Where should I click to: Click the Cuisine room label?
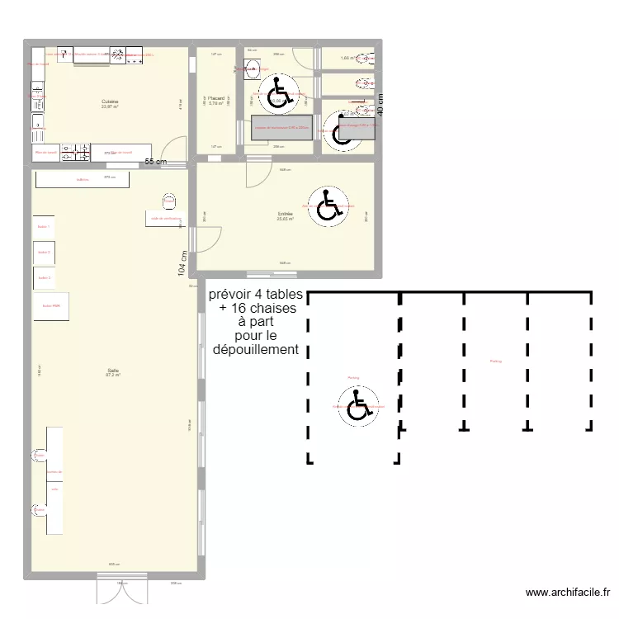[110, 102]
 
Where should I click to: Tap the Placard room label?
[216, 98]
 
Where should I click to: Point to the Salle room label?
[113, 371]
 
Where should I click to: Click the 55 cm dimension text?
[156, 162]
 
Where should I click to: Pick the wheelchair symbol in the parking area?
[358, 406]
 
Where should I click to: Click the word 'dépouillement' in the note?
[256, 350]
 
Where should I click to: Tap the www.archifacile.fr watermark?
[569, 593]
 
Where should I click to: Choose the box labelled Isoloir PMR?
[51, 305]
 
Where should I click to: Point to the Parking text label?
[494, 361]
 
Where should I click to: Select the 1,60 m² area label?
[347, 59]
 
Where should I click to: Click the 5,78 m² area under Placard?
[216, 104]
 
